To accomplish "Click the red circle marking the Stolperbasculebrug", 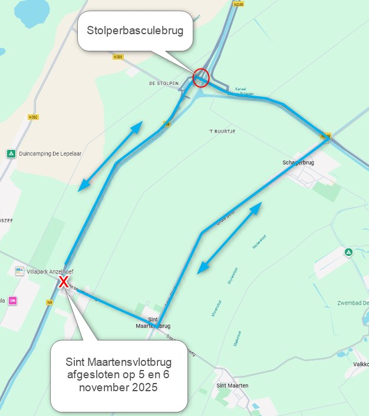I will click(x=201, y=78).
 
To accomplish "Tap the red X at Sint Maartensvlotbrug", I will click(x=64, y=281).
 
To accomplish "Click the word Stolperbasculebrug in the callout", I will click(x=139, y=30).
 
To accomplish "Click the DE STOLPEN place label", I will click(x=164, y=84).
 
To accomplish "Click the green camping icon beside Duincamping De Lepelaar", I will click(x=11, y=154).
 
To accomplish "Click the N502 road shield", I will click(x=33, y=117).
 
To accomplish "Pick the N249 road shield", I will click(x=238, y=4).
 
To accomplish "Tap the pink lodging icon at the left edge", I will click(x=13, y=301).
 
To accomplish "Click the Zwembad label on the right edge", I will click(x=353, y=303).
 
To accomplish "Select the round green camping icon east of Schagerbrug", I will click(x=348, y=253).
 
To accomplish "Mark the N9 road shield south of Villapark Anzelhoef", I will click(x=50, y=302).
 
